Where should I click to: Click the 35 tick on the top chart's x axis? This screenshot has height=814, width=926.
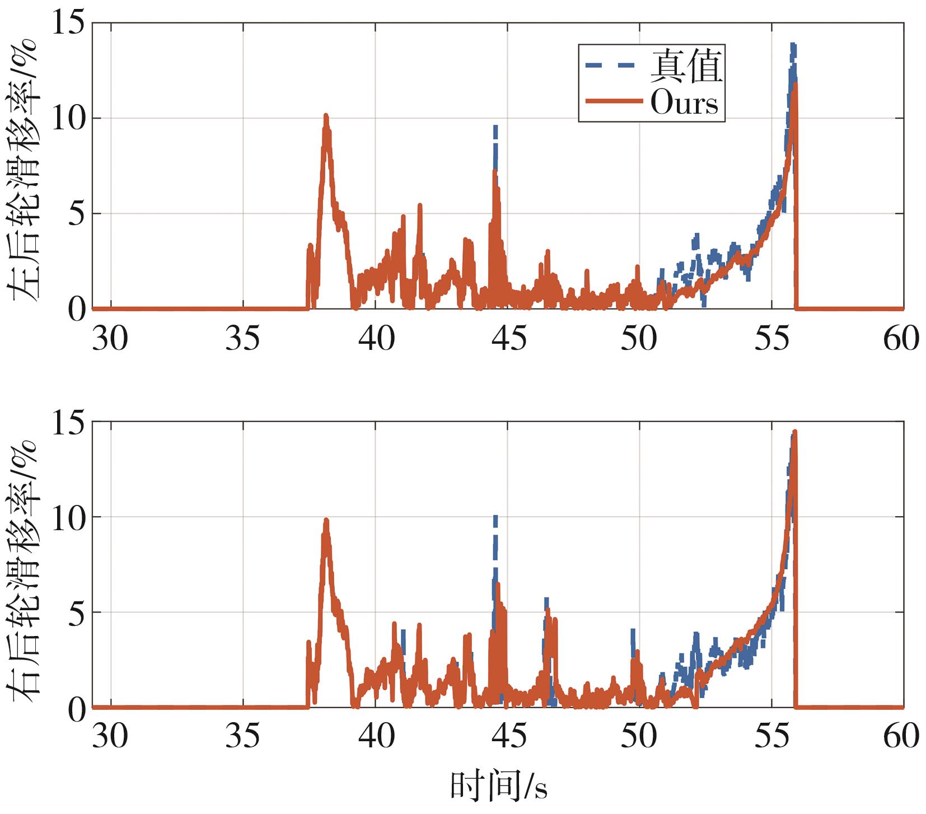243,338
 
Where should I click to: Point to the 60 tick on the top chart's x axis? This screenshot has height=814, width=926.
901,338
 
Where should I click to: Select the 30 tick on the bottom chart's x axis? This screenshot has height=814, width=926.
110,737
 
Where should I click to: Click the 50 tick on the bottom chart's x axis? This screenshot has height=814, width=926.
639,737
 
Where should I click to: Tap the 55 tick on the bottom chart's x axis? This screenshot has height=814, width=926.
771,737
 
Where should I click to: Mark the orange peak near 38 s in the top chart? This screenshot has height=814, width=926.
326,116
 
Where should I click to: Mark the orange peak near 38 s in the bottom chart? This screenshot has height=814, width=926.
326,521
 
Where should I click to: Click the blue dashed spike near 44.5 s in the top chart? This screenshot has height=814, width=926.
495,128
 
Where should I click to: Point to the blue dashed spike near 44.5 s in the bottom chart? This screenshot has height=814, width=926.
495,516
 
